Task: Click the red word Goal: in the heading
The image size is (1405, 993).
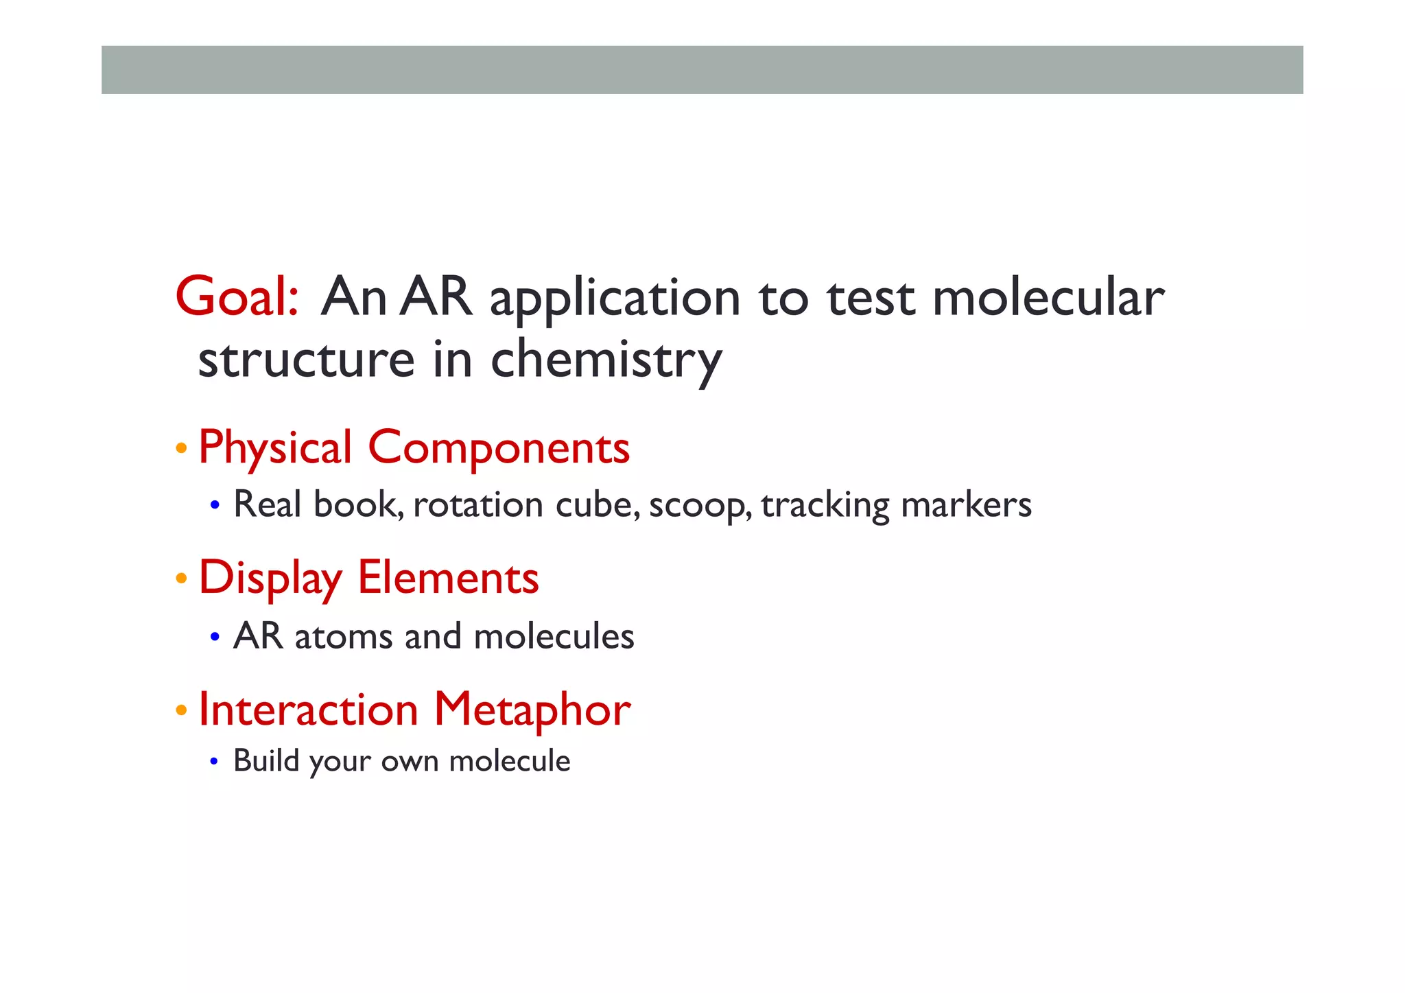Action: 237,297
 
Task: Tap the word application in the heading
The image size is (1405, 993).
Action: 615,300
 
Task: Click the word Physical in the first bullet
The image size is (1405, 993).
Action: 275,448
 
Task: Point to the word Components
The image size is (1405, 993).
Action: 499,448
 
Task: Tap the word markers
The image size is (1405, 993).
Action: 966,505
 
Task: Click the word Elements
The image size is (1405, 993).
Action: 448,578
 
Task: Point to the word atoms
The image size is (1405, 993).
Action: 344,637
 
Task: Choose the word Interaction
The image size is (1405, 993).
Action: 308,710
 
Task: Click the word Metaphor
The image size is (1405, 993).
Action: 532,710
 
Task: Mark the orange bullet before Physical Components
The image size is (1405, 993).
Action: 181,449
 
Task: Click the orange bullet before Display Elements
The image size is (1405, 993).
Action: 181,579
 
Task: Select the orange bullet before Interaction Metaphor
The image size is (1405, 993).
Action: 181,710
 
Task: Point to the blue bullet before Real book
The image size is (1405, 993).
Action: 215,506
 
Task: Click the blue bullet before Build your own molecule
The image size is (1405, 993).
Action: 214,762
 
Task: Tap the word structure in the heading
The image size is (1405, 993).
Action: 306,360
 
